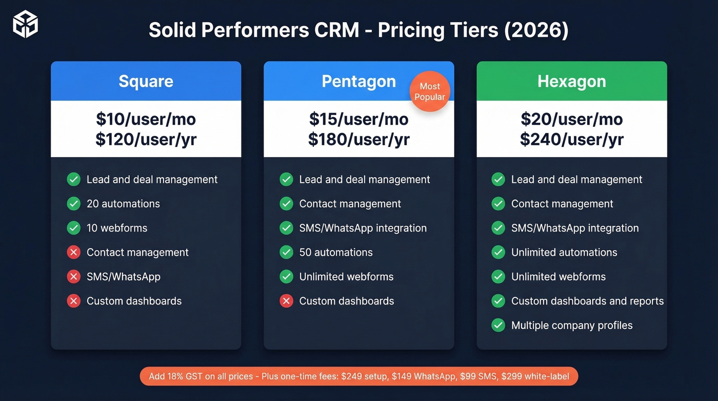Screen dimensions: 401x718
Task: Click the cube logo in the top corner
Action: point(25,25)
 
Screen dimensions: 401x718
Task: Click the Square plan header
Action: point(146,81)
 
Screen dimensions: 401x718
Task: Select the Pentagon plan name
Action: point(358,81)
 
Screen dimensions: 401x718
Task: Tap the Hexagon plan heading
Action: point(571,81)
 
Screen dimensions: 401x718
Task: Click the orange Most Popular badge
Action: point(430,91)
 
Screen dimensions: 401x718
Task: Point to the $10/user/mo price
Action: point(146,119)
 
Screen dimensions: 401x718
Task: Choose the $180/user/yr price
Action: point(358,139)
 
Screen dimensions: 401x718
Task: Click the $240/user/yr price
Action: point(571,139)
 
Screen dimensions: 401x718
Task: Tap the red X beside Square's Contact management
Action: point(74,252)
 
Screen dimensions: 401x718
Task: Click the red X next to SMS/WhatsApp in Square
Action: point(74,277)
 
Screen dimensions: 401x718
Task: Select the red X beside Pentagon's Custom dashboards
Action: point(286,301)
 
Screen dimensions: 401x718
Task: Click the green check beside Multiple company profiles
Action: point(498,325)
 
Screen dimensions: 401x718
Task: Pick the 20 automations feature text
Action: point(123,204)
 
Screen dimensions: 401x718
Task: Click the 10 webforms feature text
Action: point(117,228)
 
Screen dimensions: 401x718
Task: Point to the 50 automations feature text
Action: point(336,252)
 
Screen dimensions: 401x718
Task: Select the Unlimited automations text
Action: point(564,252)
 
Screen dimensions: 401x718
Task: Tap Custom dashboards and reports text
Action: point(587,301)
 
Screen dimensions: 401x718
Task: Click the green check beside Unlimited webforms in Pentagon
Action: point(286,277)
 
